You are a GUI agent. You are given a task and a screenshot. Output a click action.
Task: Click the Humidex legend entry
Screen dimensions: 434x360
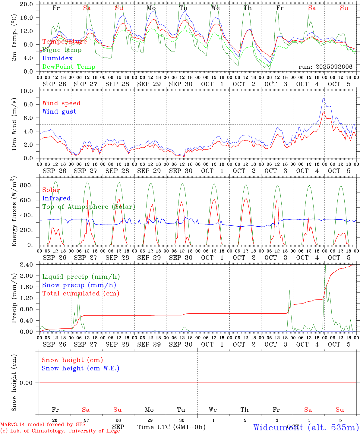[x=57, y=58]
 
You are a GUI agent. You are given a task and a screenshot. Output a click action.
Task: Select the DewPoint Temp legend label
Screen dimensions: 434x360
[x=69, y=67]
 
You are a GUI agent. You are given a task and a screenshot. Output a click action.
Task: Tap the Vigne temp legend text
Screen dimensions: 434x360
[x=62, y=50]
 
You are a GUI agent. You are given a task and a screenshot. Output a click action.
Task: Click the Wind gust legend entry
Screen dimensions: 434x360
[x=59, y=112]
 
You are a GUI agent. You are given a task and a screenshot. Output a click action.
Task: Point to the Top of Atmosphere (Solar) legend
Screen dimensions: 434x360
[x=89, y=207]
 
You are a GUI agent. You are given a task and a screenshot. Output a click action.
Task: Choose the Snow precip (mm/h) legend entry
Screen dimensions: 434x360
[x=79, y=285]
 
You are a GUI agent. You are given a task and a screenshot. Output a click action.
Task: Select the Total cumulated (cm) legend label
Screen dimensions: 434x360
[x=81, y=293]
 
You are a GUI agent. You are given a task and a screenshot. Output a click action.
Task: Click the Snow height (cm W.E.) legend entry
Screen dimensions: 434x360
[x=81, y=368]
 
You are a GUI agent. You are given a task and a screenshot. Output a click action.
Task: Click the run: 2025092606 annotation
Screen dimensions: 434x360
[x=325, y=67]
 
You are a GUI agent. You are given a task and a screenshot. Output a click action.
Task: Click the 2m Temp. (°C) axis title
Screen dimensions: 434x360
[x=14, y=38]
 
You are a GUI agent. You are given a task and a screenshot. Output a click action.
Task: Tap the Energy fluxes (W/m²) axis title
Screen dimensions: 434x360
[x=14, y=212]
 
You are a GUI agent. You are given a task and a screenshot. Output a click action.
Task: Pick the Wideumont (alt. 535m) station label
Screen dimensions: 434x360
[x=306, y=427]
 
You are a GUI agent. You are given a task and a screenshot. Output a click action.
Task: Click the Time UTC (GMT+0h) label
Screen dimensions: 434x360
[x=171, y=427]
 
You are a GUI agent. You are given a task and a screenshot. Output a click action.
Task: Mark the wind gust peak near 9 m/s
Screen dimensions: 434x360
[x=324, y=98]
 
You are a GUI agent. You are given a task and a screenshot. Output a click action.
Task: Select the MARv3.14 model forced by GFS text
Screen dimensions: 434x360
[x=43, y=424]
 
